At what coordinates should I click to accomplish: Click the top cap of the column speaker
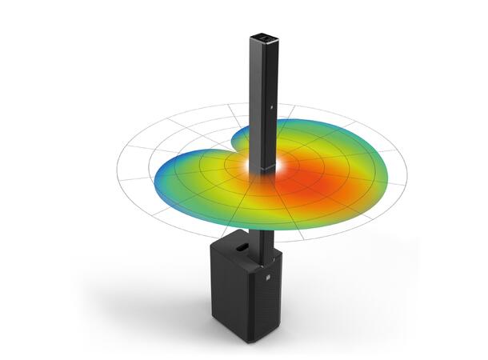(x=263, y=38)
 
